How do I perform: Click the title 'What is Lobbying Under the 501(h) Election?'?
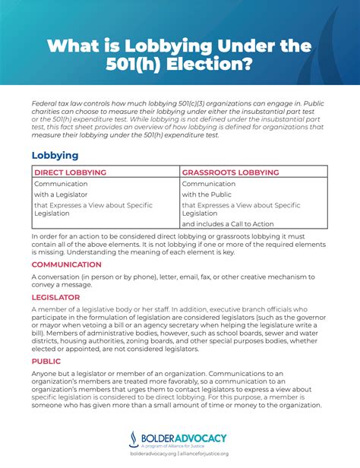179,55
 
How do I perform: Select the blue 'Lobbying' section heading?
55,155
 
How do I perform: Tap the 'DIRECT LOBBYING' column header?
70,172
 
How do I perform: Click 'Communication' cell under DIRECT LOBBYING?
61,183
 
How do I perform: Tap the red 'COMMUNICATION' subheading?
66,264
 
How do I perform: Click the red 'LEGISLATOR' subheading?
55,298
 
